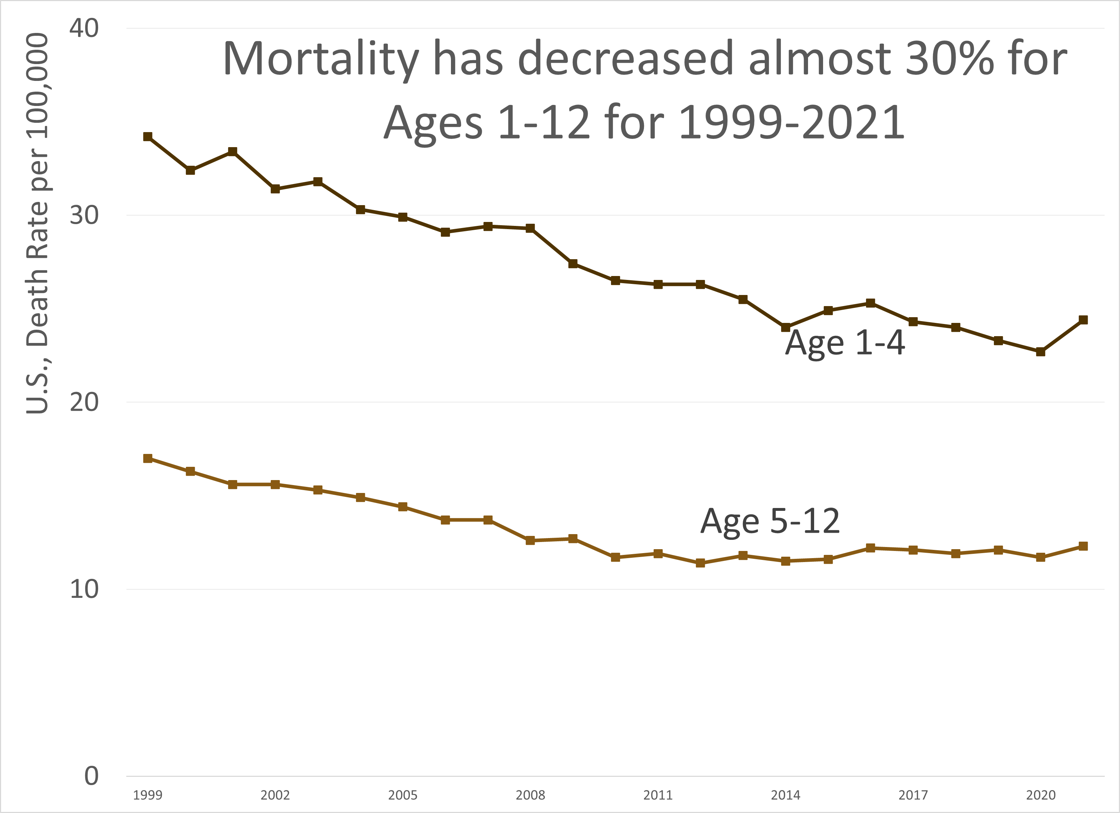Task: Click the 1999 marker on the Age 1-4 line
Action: click(148, 137)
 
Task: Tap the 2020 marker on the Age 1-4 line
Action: click(1040, 352)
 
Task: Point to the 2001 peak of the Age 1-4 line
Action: click(232, 151)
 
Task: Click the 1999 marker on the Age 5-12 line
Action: click(148, 459)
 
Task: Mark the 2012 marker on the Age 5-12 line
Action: click(700, 563)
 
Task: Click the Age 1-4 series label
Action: click(845, 343)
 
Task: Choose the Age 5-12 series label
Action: click(770, 521)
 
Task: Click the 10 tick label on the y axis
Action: click(84, 589)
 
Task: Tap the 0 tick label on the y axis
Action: click(91, 776)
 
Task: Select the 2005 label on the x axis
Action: click(403, 795)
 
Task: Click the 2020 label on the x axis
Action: click(1040, 795)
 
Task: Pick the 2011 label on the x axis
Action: click(658, 795)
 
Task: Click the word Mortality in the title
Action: click(321, 59)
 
